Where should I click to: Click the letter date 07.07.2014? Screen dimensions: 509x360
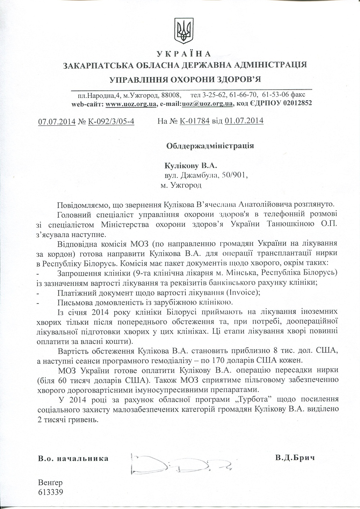tap(57, 121)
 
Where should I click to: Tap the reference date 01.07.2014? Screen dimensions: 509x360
tap(244, 121)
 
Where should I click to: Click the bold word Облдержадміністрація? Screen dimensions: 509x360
tap(210, 146)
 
